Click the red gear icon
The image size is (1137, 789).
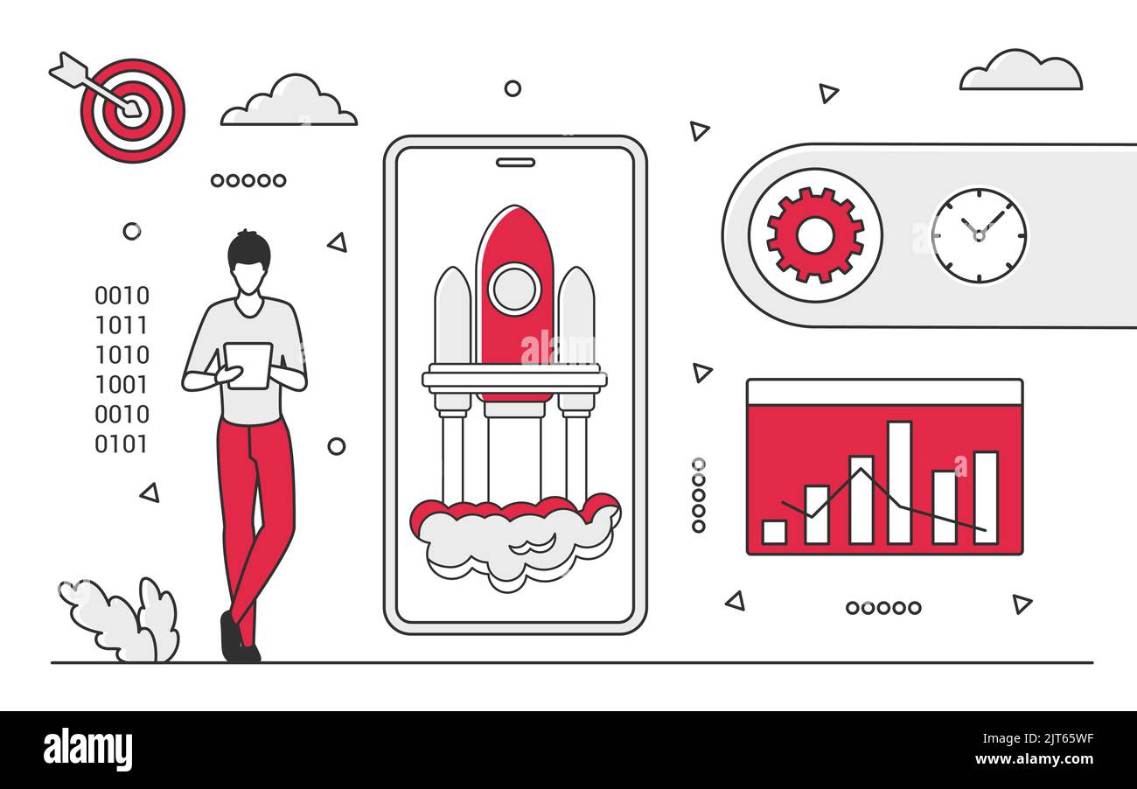[x=815, y=235]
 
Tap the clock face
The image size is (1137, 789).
[x=980, y=236]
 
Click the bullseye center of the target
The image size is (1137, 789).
[x=132, y=108]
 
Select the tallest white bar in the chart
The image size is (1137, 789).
[x=899, y=482]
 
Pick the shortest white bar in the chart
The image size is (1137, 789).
[x=775, y=532]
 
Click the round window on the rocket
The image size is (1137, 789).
[x=514, y=289]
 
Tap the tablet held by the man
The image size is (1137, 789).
[x=248, y=366]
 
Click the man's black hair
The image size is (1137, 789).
[x=248, y=250]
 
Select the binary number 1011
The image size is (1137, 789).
[x=122, y=325]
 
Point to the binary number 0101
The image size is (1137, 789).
[x=122, y=444]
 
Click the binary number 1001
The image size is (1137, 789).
[x=122, y=385]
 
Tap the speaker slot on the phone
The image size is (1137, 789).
[x=515, y=163]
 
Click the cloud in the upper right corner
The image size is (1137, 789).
[x=1021, y=71]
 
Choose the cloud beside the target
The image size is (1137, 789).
[x=289, y=101]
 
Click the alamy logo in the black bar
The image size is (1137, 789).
[x=88, y=750]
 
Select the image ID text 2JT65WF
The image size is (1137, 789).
[x=1066, y=737]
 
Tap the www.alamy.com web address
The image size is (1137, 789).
[x=1034, y=759]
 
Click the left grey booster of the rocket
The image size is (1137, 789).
[x=453, y=316]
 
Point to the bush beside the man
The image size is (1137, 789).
[x=120, y=620]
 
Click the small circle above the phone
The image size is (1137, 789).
[x=513, y=88]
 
